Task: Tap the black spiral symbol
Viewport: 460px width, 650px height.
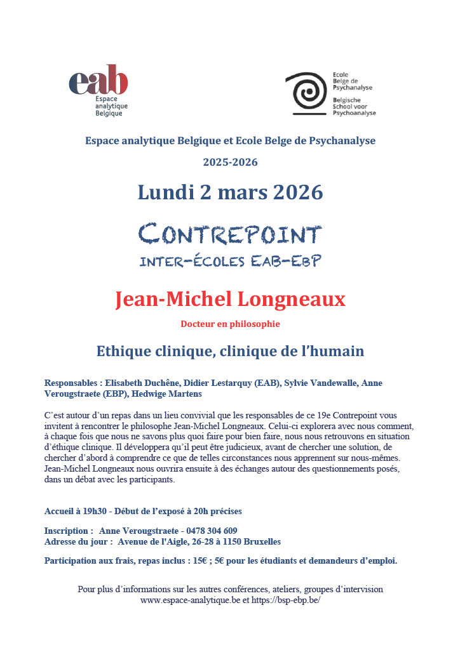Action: coord(308,93)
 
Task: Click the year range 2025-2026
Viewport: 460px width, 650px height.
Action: coord(230,162)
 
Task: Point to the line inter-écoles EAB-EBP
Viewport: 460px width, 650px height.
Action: coord(230,260)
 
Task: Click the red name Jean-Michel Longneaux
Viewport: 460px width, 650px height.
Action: coord(230,298)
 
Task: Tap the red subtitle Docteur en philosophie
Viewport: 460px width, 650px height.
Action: coord(230,324)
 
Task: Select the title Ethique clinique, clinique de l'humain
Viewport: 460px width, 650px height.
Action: coord(230,350)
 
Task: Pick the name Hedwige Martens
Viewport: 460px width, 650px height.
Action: coord(168,394)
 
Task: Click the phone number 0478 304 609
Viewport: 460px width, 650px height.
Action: coord(212,531)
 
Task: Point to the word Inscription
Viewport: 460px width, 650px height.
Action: coord(65,531)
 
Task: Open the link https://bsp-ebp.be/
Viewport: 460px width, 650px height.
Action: coord(286,600)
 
